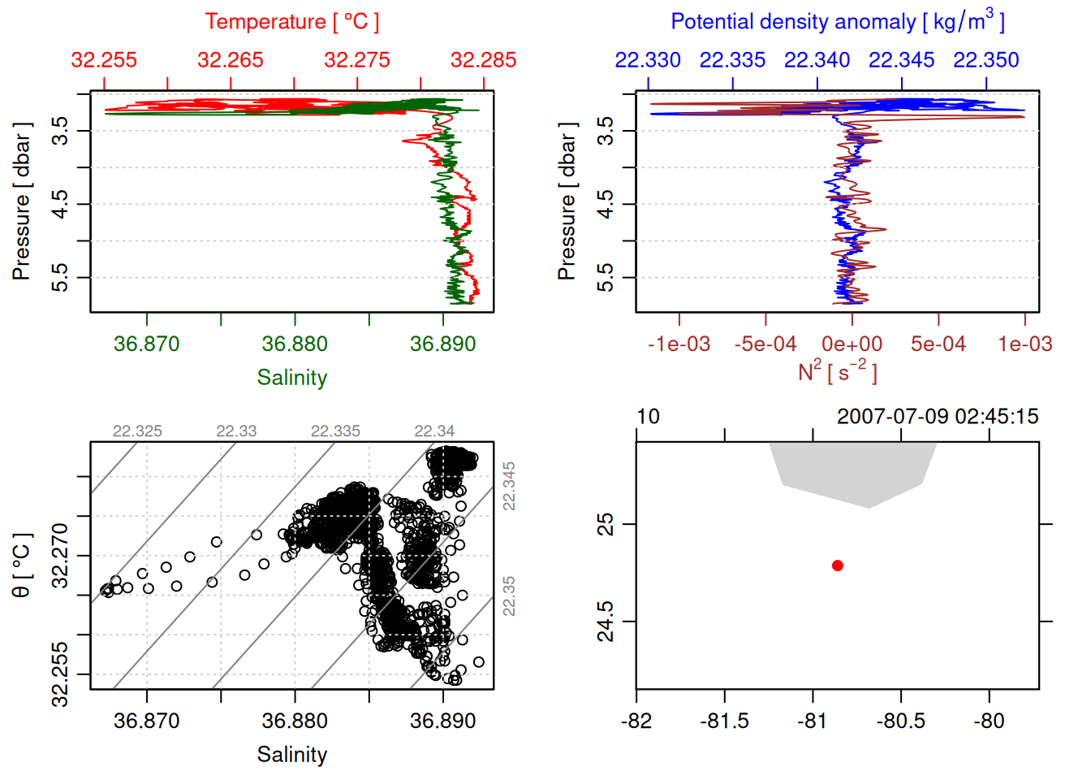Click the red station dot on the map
[x=837, y=565]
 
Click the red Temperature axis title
[x=291, y=22]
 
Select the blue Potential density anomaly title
[x=837, y=21]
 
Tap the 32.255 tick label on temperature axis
[x=104, y=60]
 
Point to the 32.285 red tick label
[x=483, y=60]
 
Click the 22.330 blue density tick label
[x=648, y=60]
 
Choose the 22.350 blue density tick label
[x=985, y=60]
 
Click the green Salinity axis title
[x=291, y=378]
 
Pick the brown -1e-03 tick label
[x=679, y=344]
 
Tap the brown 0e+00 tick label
[x=852, y=344]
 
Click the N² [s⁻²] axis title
[x=837, y=371]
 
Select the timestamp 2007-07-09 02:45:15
[x=938, y=417]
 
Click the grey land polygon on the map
[x=852, y=471]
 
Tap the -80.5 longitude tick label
[x=900, y=721]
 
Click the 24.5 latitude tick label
[x=606, y=622]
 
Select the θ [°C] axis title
[x=21, y=565]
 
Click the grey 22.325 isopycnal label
[x=137, y=431]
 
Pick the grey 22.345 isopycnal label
[x=509, y=486]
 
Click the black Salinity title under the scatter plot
[x=291, y=755]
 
